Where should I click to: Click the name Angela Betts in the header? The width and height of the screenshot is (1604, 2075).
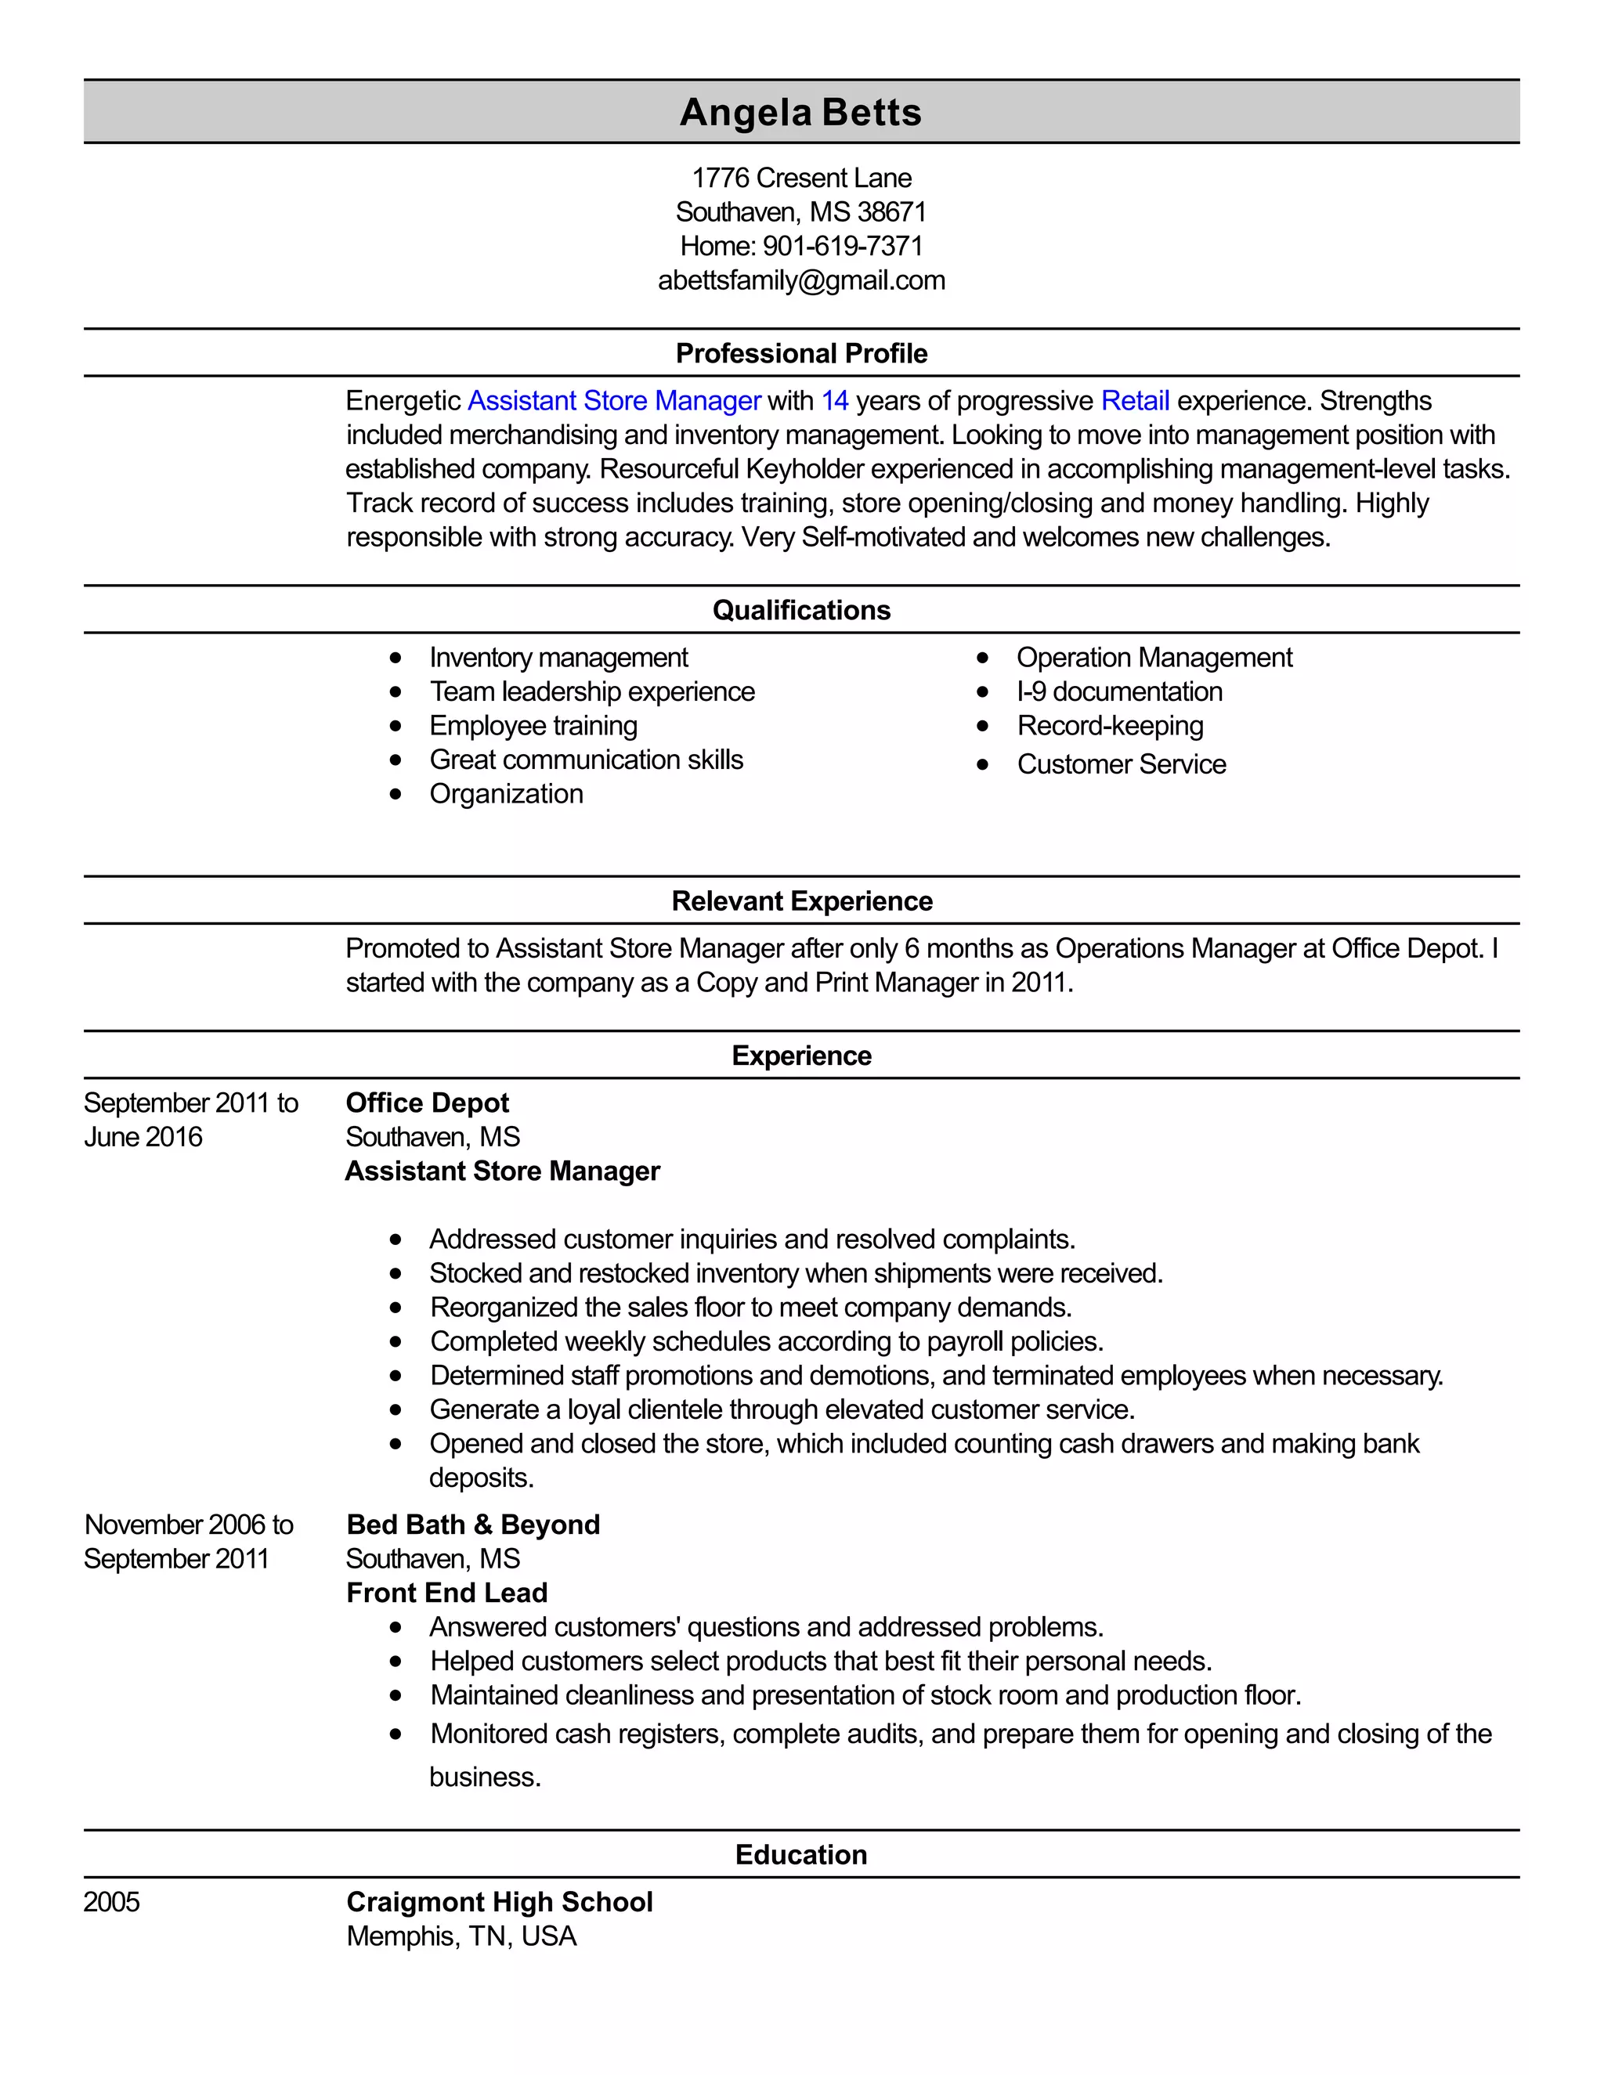(800, 112)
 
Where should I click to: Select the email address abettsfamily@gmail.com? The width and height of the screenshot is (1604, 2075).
(801, 280)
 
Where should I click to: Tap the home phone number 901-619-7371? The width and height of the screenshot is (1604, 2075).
(842, 246)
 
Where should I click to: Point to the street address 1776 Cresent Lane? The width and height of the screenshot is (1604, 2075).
(801, 178)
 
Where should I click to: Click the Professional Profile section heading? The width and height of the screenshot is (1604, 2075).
(801, 353)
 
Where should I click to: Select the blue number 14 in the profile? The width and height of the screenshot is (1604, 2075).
(834, 401)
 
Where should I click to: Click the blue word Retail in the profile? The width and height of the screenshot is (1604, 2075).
(1135, 401)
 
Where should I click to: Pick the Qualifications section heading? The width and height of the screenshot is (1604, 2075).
(801, 610)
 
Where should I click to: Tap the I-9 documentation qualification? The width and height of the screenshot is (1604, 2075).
(1119, 691)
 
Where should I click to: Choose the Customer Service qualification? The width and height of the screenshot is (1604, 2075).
(1122, 764)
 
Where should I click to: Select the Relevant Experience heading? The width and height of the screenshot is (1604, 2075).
(801, 900)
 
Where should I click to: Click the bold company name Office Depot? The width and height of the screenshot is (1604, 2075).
(427, 1103)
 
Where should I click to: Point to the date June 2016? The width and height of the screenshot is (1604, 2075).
(143, 1137)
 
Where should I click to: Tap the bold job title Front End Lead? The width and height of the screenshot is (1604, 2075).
(446, 1593)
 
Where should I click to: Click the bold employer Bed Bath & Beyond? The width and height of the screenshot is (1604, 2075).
(473, 1524)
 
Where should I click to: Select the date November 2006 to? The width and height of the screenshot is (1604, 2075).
(188, 1524)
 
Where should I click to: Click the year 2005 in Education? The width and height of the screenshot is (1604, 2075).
(111, 1902)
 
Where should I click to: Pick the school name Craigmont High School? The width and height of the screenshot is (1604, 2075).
(499, 1902)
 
